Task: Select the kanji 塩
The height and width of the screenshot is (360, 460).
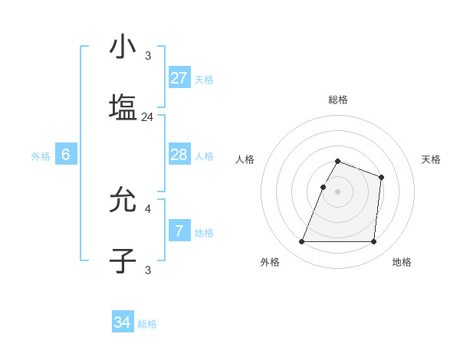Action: click(x=123, y=106)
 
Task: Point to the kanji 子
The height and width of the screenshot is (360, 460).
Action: click(x=123, y=260)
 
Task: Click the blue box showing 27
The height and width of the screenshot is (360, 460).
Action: click(x=179, y=77)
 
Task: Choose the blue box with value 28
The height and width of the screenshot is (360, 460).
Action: click(x=179, y=155)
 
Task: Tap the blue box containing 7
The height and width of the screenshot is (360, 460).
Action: click(x=179, y=230)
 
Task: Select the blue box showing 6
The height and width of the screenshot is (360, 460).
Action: click(x=66, y=155)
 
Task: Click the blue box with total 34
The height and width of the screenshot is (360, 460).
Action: click(x=122, y=322)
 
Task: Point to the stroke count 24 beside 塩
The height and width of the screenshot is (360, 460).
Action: click(x=148, y=117)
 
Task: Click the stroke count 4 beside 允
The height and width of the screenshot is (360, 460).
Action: click(x=148, y=208)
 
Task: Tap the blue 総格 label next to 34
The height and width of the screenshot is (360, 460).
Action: click(x=147, y=324)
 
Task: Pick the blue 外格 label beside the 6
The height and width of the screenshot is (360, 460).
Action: click(x=41, y=156)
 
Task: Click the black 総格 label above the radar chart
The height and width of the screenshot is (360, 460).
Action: click(x=338, y=100)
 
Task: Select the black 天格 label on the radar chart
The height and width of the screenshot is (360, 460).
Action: click(x=432, y=159)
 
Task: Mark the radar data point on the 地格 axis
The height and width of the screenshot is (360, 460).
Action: click(x=373, y=242)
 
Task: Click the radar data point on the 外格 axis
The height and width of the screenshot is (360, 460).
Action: click(x=302, y=242)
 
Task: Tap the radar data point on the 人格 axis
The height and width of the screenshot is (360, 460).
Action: click(x=323, y=187)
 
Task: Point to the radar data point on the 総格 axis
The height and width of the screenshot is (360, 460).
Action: click(x=338, y=161)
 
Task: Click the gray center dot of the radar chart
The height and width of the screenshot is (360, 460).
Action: click(x=338, y=191)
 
